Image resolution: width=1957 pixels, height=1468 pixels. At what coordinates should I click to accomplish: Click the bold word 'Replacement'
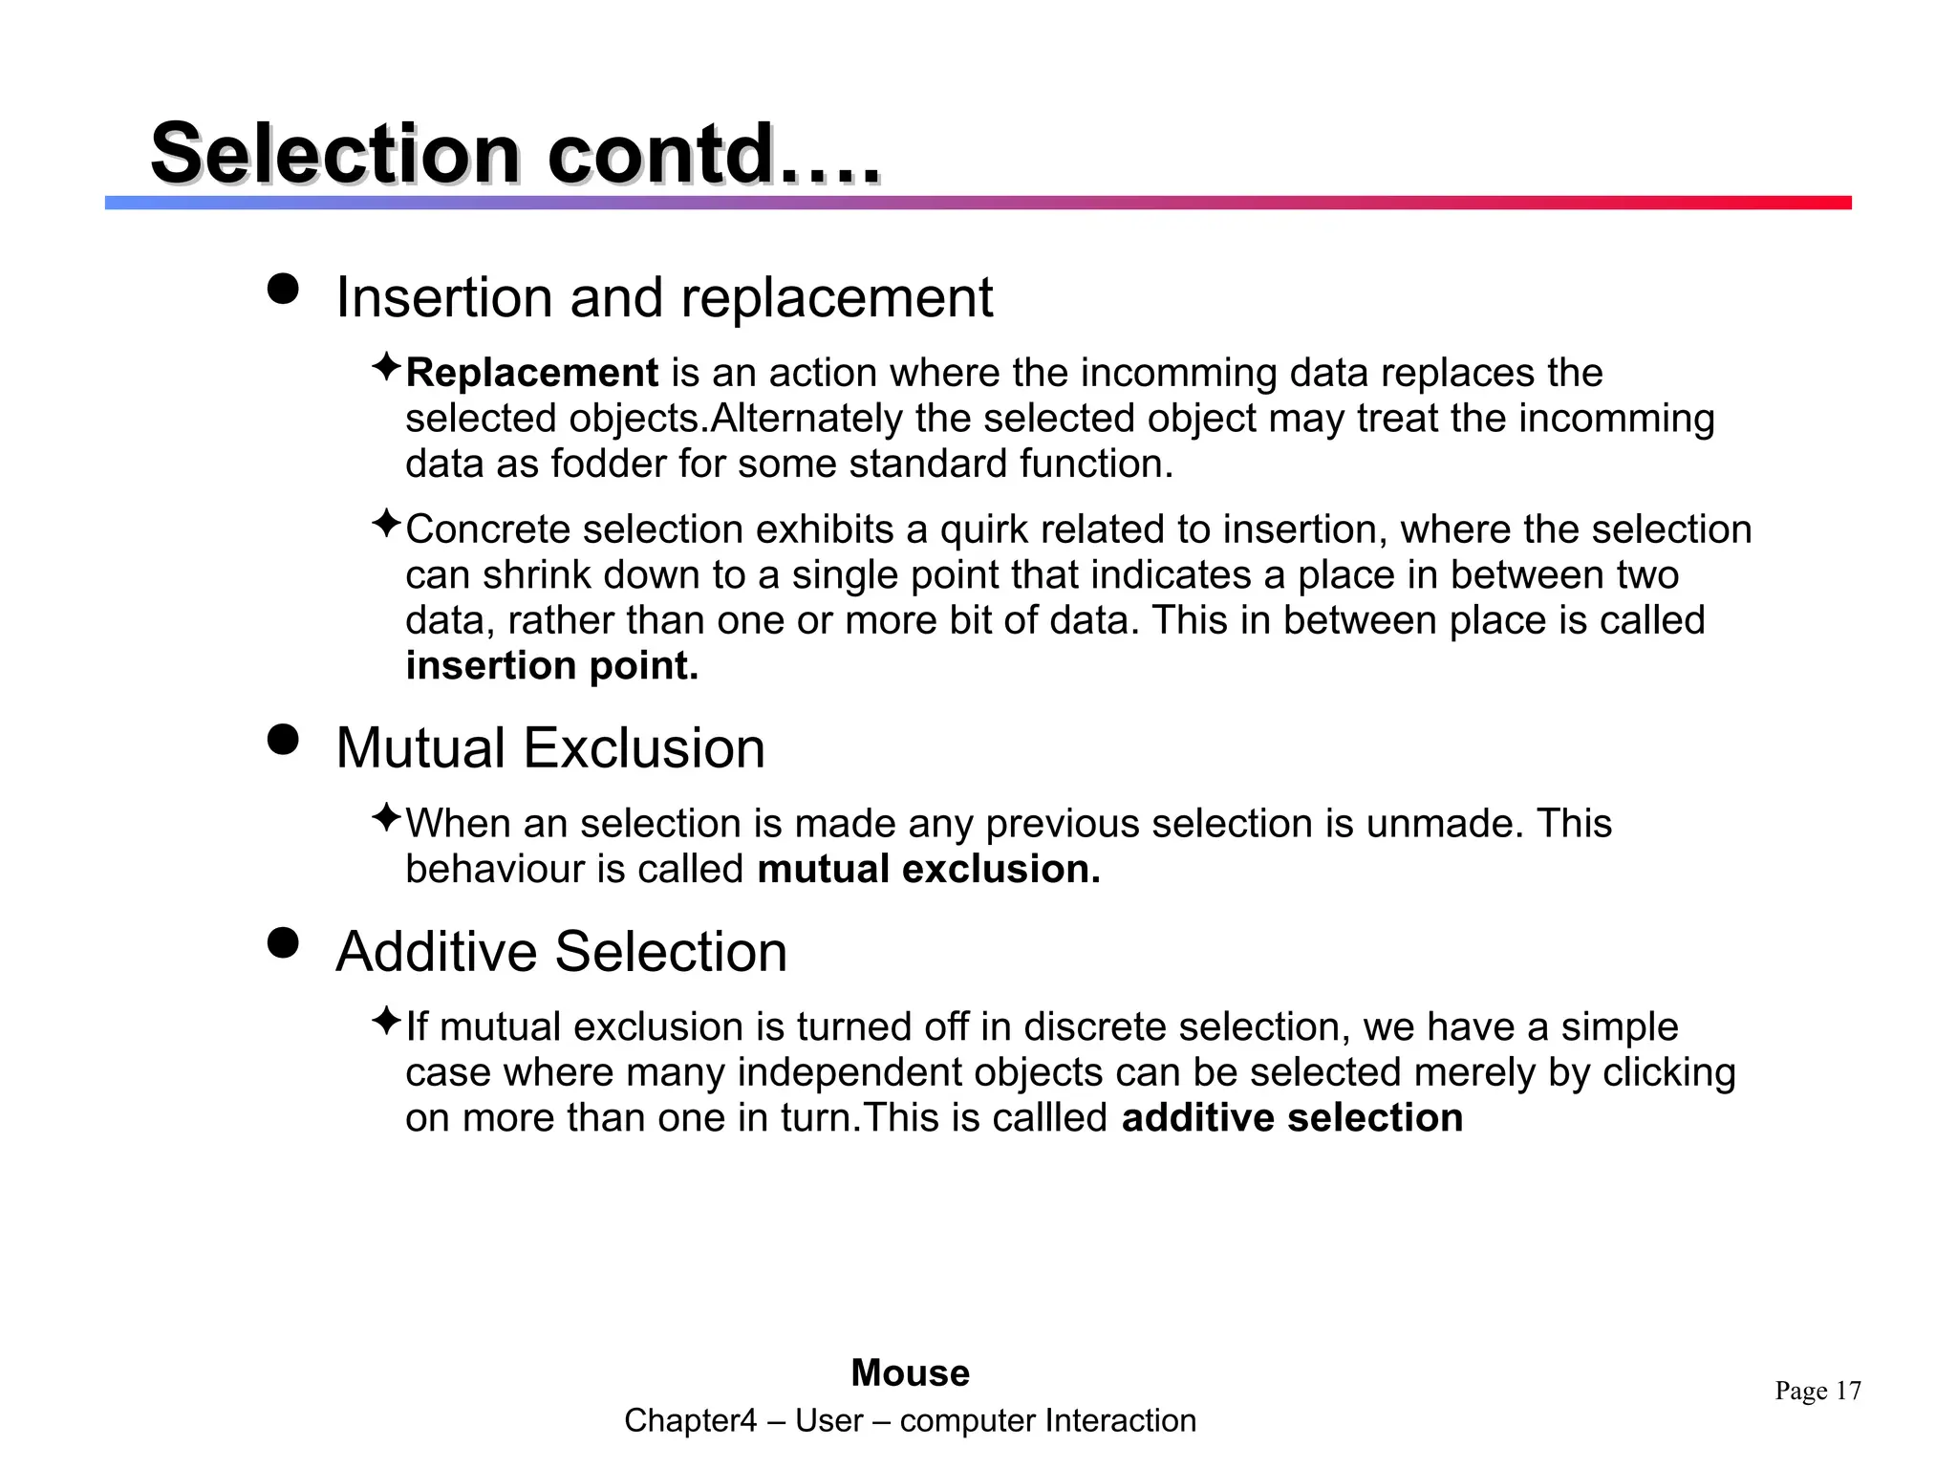(x=531, y=373)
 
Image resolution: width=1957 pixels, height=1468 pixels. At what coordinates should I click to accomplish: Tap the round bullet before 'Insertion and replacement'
(x=283, y=289)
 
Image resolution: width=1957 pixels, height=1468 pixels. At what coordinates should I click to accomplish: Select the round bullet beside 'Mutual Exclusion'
(x=283, y=739)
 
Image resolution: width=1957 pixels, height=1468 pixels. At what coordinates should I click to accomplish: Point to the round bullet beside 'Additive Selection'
(x=283, y=942)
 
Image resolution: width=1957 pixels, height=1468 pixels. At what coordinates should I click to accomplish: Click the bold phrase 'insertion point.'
(x=551, y=666)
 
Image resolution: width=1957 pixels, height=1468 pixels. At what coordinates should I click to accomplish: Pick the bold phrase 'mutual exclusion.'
(x=928, y=870)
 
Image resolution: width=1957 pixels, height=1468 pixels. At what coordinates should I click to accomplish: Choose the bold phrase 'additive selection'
(x=1292, y=1118)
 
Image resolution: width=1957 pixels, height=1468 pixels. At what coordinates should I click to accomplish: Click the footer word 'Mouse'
(x=910, y=1373)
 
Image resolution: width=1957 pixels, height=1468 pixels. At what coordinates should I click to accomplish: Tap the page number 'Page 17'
(x=1817, y=1391)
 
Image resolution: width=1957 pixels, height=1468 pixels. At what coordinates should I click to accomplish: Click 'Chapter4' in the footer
(x=690, y=1421)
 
